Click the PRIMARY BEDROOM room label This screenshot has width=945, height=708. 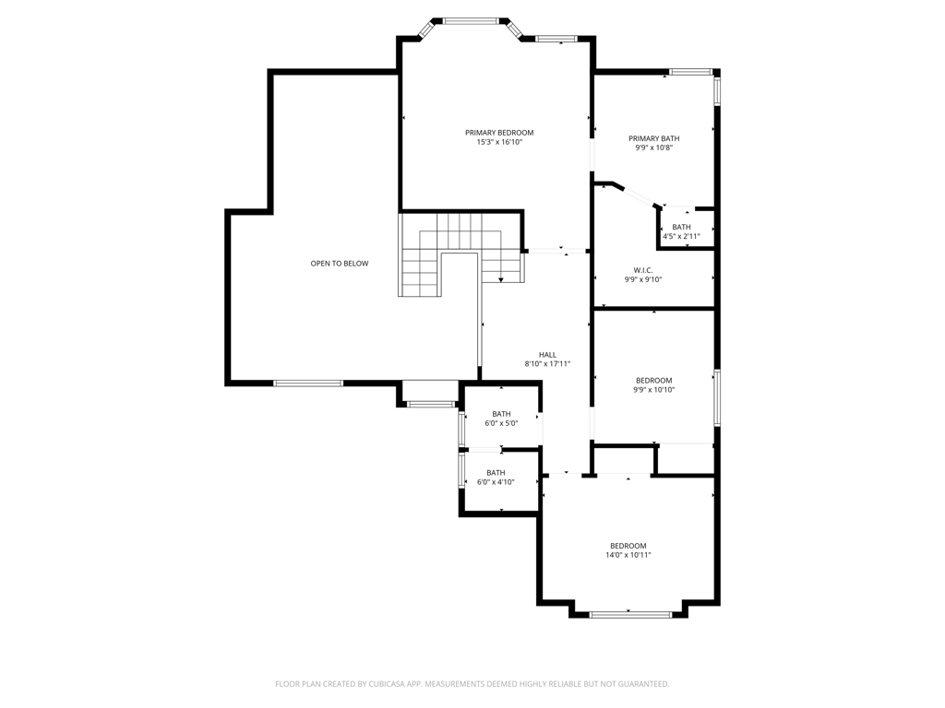click(x=499, y=133)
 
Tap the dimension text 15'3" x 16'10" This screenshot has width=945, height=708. click(x=499, y=143)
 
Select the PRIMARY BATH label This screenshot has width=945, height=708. click(x=654, y=138)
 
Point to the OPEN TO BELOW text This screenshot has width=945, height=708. click(x=340, y=264)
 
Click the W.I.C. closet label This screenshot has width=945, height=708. click(x=643, y=270)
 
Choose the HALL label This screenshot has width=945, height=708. click(x=547, y=355)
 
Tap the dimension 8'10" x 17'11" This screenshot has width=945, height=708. click(x=547, y=364)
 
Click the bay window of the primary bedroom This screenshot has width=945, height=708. click(x=471, y=20)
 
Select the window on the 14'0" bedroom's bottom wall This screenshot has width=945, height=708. click(x=630, y=614)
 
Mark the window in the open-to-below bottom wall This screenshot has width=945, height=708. click(x=308, y=383)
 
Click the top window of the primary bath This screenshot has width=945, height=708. click(x=690, y=72)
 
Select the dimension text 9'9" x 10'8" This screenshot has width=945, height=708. click(x=654, y=148)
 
